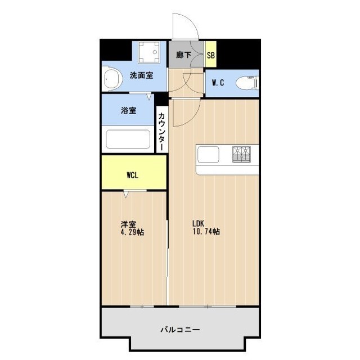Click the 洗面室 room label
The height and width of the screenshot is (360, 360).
[x=141, y=76]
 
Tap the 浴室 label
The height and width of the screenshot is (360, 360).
[x=128, y=110]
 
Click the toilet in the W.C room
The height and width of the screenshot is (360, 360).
[x=246, y=83]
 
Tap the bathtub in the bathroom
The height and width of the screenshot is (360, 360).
[x=128, y=139]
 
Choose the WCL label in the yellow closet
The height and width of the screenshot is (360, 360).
[x=133, y=175]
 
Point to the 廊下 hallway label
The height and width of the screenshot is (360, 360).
[x=183, y=55]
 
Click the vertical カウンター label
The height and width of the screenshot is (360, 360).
[x=161, y=131]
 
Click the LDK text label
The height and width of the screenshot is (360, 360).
[x=201, y=222]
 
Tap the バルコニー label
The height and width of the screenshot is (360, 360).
[x=180, y=330]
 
